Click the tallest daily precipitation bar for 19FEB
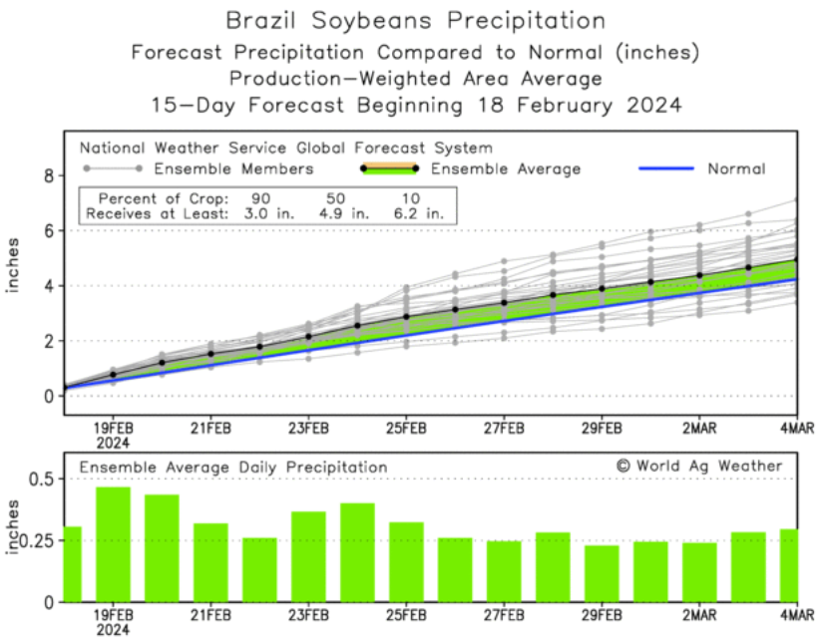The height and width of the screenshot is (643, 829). [x=113, y=543]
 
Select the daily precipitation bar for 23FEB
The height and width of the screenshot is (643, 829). [x=308, y=556]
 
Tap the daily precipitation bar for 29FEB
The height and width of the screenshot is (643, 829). [x=602, y=573]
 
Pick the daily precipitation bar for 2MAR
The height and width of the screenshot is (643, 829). [x=699, y=572]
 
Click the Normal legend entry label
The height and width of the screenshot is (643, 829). [x=736, y=168]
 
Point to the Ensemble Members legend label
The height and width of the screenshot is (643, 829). [x=235, y=168]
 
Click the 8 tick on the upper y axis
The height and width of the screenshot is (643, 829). [x=46, y=175]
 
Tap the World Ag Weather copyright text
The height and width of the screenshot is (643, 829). [x=699, y=466]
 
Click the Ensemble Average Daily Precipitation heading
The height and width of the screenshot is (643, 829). [x=233, y=467]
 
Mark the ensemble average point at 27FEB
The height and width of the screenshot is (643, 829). [x=504, y=303]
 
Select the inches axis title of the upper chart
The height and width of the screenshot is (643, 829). [x=14, y=266]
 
